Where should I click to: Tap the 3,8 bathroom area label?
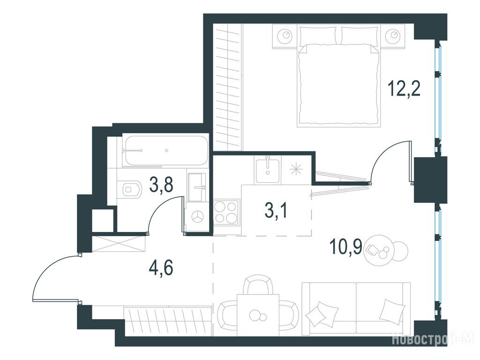point(162,185)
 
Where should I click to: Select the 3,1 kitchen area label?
point(276,211)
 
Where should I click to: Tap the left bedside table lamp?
point(285,36)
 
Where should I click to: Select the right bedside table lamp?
point(393,36)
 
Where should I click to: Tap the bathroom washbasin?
point(197,187)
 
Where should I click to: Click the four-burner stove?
point(226,212)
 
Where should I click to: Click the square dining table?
point(258,315)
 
